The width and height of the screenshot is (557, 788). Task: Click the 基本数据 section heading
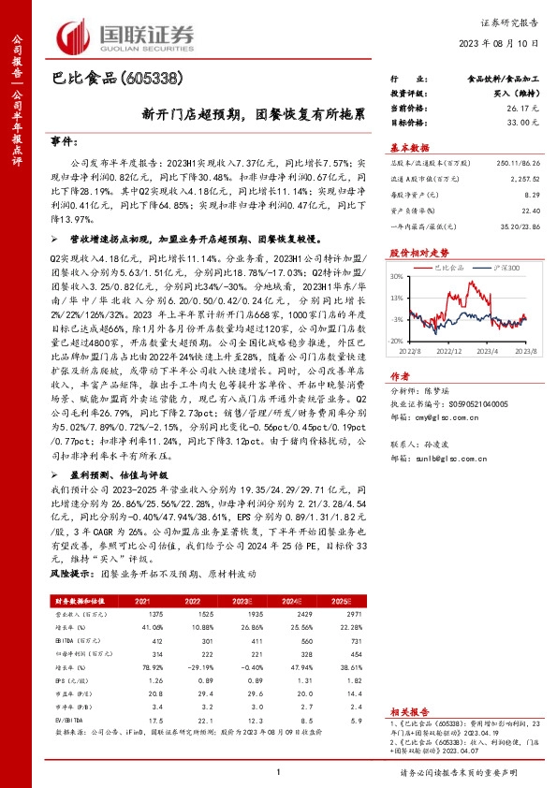pyautogui.click(x=409, y=148)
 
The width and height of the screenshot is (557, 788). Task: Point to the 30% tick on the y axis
pyautogui.click(x=397, y=277)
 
